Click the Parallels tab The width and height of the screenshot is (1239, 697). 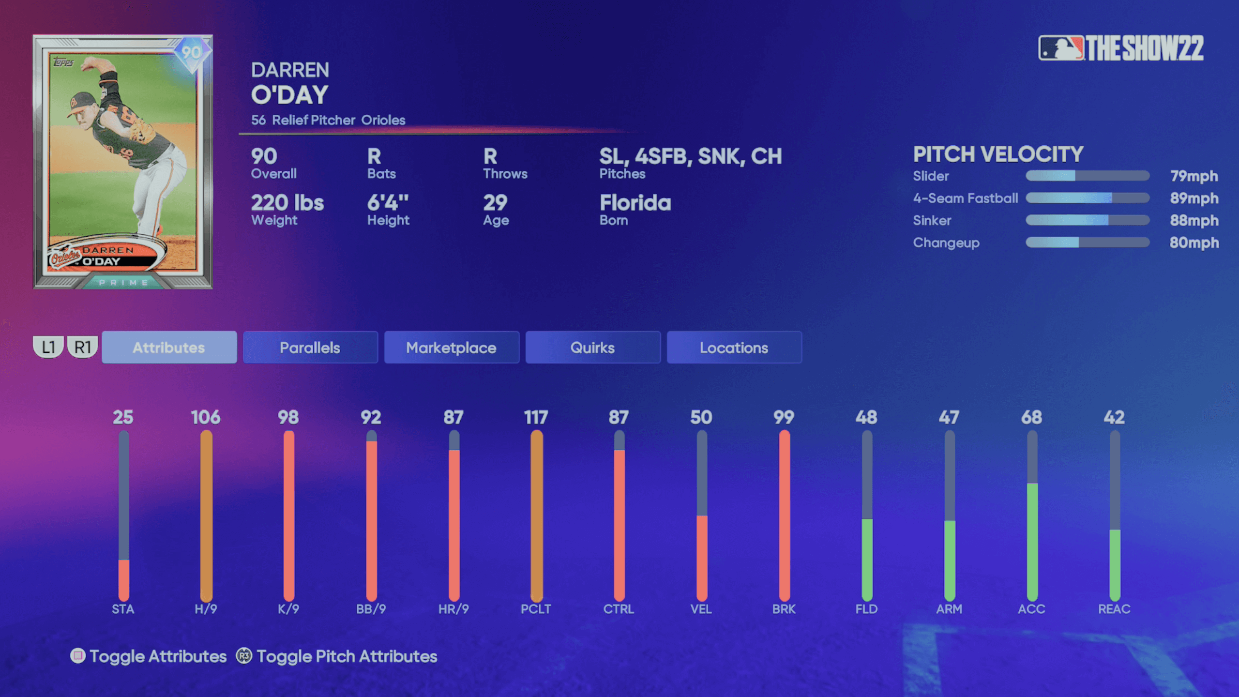click(x=310, y=347)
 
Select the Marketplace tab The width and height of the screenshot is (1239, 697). click(x=452, y=347)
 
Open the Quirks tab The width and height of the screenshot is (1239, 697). click(x=592, y=347)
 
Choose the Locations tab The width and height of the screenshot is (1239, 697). click(x=734, y=347)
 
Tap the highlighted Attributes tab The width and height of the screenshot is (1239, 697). click(x=169, y=347)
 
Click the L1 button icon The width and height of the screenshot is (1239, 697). click(x=48, y=347)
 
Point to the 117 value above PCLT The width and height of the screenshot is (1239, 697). click(x=536, y=417)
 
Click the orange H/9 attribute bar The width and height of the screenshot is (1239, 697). click(x=206, y=515)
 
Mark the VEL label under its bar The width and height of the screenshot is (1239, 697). click(x=701, y=609)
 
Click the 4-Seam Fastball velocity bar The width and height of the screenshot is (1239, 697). click(x=1087, y=198)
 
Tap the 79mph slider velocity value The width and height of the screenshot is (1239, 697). click(x=1194, y=176)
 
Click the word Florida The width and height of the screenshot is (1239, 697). click(x=635, y=203)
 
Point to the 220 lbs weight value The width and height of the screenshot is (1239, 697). click(x=287, y=203)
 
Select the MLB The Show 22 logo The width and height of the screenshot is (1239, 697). click(x=1120, y=48)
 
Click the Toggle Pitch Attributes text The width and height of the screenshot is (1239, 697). click(x=347, y=656)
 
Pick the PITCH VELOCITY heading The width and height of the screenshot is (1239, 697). click(x=998, y=154)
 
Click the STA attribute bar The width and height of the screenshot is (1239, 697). click(x=124, y=515)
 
